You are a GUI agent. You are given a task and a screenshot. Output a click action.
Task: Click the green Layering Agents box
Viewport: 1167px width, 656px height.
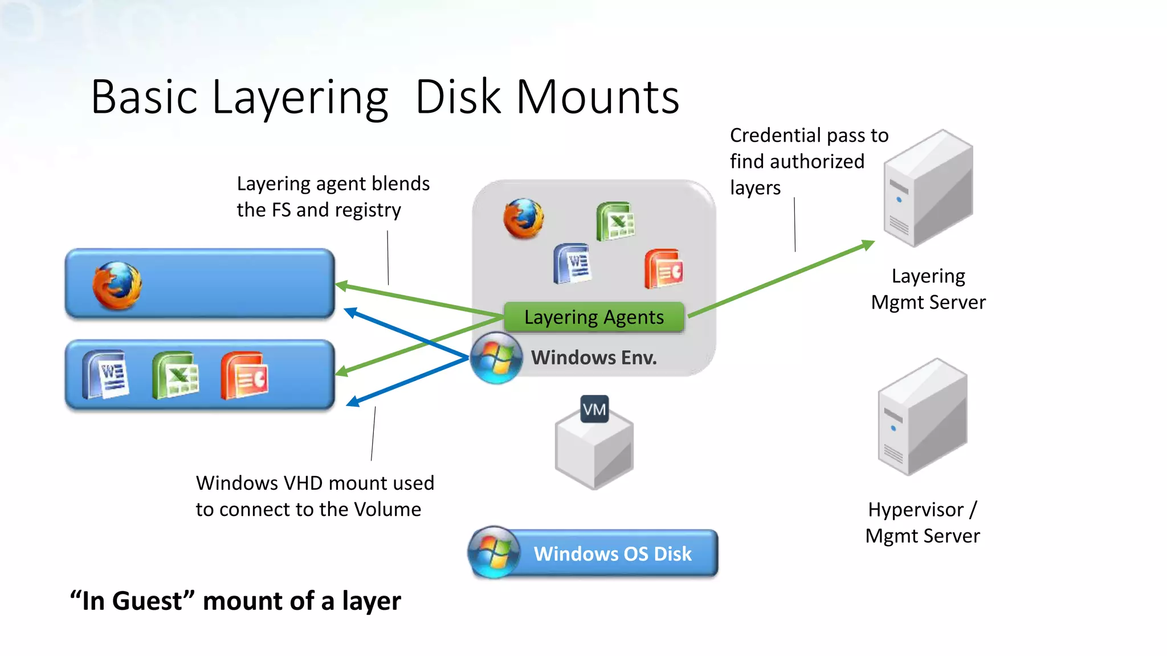pyautogui.click(x=594, y=317)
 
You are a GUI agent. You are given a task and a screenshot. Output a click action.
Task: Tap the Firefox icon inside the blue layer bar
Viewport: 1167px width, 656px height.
pyautogui.click(x=117, y=286)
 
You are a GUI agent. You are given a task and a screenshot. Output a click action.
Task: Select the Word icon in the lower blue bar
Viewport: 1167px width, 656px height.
pyautogui.click(x=106, y=374)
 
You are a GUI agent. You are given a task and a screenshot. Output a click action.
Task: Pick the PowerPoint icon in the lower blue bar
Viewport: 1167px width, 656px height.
pyautogui.click(x=244, y=375)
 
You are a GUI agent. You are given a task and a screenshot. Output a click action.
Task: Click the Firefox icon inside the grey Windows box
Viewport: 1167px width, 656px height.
pyautogui.click(x=523, y=218)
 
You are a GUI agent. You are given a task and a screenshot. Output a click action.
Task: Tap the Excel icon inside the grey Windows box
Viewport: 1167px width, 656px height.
pyautogui.click(x=615, y=221)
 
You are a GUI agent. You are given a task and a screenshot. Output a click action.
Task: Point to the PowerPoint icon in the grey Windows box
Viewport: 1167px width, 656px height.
pyautogui.click(x=664, y=269)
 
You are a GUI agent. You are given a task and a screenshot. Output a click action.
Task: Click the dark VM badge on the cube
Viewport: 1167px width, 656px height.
pyautogui.click(x=594, y=409)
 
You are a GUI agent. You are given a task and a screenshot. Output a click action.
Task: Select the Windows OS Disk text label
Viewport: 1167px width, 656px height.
pyautogui.click(x=613, y=554)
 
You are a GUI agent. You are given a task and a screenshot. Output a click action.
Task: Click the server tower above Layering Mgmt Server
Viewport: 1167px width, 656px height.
pyautogui.click(x=928, y=188)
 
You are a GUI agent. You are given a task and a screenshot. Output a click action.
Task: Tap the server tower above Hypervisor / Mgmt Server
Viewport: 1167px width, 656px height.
pyautogui.click(x=923, y=417)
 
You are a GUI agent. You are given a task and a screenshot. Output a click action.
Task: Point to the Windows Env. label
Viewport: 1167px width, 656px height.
pyautogui.click(x=594, y=358)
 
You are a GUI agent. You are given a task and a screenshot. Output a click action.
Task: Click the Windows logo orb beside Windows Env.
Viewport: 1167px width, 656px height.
pyautogui.click(x=495, y=358)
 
